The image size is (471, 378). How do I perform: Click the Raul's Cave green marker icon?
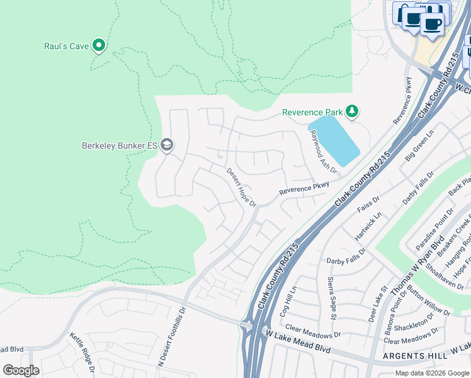coord(98,45)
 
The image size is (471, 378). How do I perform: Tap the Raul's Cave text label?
coord(66,46)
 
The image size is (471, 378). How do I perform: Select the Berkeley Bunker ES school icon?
coord(167,146)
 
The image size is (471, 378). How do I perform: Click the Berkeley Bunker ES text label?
coord(119,146)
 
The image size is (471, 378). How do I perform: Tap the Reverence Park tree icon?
coord(352,112)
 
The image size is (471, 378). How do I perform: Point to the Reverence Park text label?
coord(312,112)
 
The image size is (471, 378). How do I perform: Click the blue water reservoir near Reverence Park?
coord(336,140)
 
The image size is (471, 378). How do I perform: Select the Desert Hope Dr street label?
coord(242,187)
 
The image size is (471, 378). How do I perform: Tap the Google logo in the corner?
coord(21,370)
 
